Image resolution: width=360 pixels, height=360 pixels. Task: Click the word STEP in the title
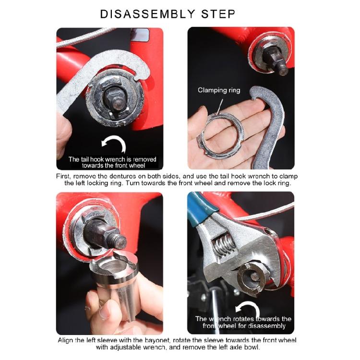(219, 14)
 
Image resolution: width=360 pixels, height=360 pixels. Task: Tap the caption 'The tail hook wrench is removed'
(112, 159)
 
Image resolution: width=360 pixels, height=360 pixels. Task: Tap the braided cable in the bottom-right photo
(269, 211)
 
